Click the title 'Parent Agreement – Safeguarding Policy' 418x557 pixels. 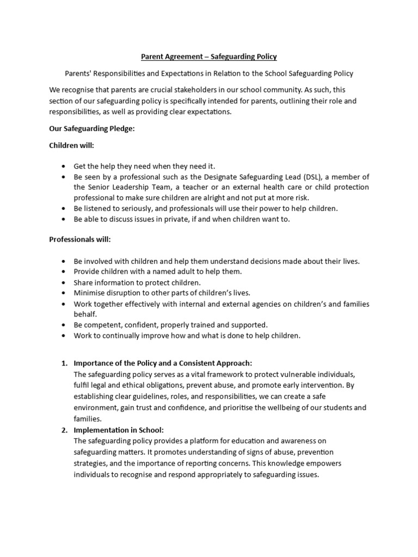pos(209,56)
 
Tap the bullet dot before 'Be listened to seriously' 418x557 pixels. pos(64,208)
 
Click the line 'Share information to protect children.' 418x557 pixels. pos(137,282)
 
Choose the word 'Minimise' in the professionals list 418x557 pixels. pos(90,293)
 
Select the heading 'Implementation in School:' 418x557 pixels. pos(118,430)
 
